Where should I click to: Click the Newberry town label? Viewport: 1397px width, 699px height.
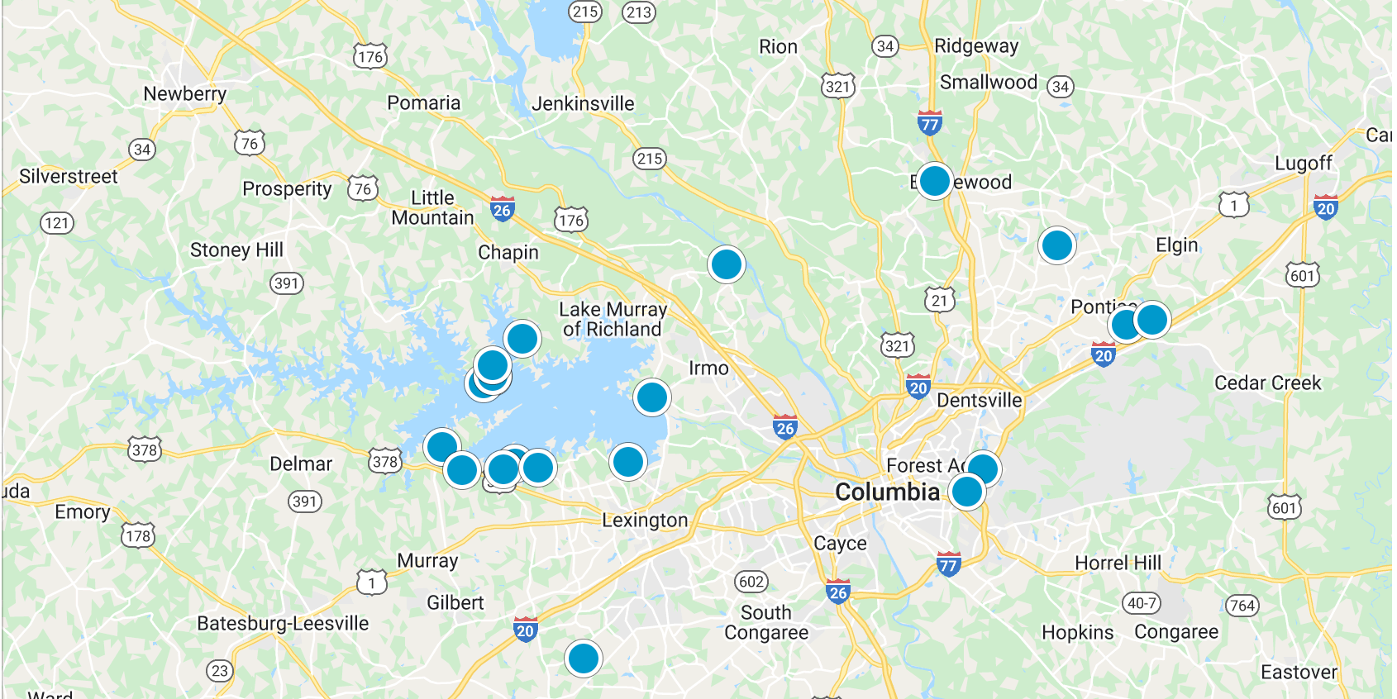pyautogui.click(x=184, y=94)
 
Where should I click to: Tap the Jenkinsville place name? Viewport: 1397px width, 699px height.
pyautogui.click(x=583, y=104)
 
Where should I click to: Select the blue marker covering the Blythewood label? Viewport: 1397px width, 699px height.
pyautogui.click(x=935, y=181)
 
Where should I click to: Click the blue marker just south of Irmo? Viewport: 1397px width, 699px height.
pyautogui.click(x=652, y=397)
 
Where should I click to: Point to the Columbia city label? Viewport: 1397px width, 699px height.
pyautogui.click(x=887, y=492)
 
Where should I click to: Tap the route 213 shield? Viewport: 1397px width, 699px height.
pyautogui.click(x=639, y=12)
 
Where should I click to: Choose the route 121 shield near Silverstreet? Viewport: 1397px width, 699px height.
pyautogui.click(x=57, y=223)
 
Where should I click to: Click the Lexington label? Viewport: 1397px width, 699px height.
pyautogui.click(x=645, y=521)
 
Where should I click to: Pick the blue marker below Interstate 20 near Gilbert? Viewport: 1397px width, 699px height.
pyautogui.click(x=584, y=659)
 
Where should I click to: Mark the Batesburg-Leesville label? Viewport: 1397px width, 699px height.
pyautogui.click(x=283, y=624)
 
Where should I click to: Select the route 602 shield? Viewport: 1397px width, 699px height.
pyautogui.click(x=751, y=582)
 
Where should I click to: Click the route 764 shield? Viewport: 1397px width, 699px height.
pyautogui.click(x=1242, y=606)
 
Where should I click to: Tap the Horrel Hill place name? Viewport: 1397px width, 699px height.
pyautogui.click(x=1118, y=563)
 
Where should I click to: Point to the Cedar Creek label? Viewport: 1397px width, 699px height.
pyautogui.click(x=1267, y=383)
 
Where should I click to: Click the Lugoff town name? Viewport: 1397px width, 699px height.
pyautogui.click(x=1304, y=164)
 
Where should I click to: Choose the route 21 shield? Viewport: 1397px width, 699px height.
pyautogui.click(x=940, y=300)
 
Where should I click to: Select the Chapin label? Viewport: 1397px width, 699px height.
pyautogui.click(x=508, y=253)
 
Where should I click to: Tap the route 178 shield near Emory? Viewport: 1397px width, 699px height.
pyautogui.click(x=138, y=536)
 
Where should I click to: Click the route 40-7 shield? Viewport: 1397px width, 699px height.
pyautogui.click(x=1142, y=603)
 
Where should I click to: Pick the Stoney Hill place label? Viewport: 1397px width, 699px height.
pyautogui.click(x=236, y=250)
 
